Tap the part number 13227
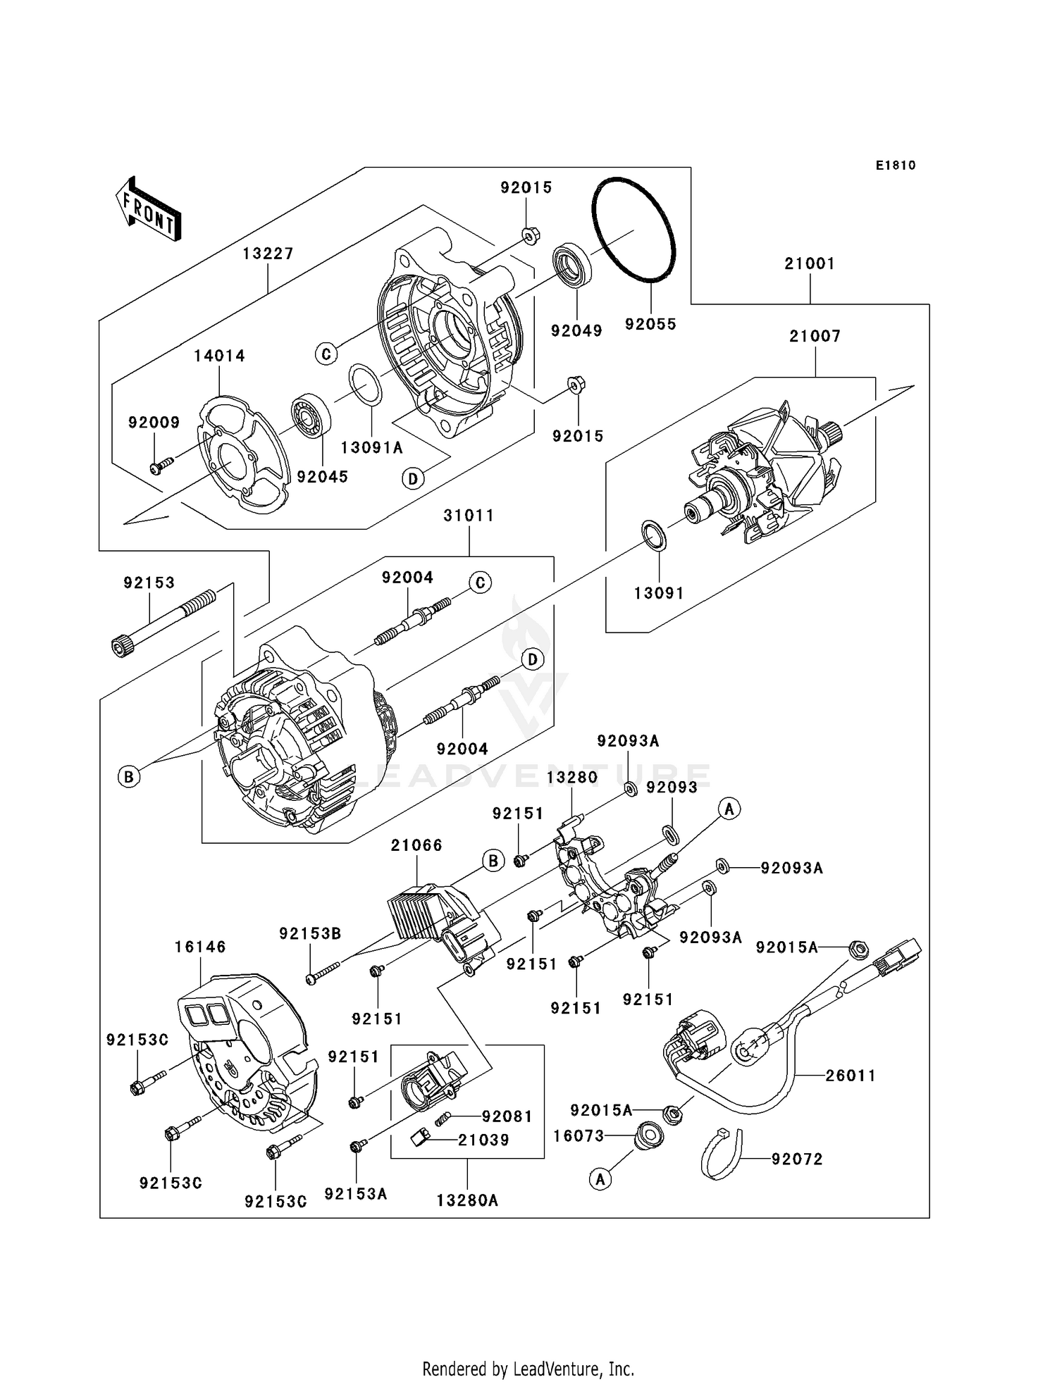(268, 254)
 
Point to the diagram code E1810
(896, 166)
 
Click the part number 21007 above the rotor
(815, 337)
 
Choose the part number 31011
(469, 516)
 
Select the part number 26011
(851, 1076)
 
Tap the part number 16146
(200, 947)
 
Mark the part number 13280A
(467, 1200)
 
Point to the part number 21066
(416, 845)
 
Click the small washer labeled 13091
(653, 535)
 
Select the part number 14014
(220, 356)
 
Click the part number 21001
(810, 264)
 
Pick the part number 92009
(154, 423)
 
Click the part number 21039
(483, 1140)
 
